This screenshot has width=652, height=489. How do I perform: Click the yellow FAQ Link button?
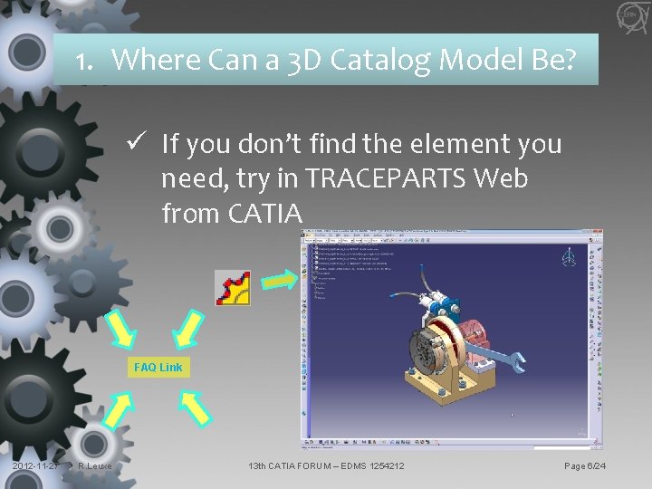158,367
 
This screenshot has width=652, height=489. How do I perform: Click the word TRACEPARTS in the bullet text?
384,178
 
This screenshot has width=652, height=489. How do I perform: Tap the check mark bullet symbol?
138,143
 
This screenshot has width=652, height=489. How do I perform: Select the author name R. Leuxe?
95,466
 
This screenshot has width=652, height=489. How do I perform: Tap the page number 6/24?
586,466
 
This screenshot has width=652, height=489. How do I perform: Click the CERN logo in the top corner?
631,15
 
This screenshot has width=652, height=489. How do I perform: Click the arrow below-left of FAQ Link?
119,410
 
